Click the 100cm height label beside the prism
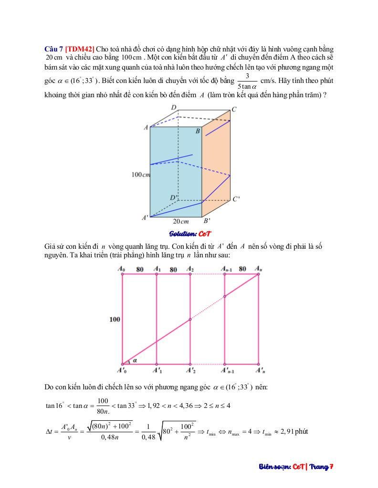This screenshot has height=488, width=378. point(141,175)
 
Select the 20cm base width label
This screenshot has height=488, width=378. point(181,221)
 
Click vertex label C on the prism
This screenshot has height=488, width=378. point(234,109)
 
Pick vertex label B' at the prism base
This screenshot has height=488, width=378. point(208,221)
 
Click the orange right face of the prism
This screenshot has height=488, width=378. point(216,157)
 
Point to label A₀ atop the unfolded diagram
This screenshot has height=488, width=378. point(122,269)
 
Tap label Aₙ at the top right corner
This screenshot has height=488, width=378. point(259,269)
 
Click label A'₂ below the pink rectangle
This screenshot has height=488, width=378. point(190,370)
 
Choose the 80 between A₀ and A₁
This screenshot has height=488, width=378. point(140,269)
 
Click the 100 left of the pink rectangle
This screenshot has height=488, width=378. point(115,319)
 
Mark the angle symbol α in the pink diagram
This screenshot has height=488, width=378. point(136,361)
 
